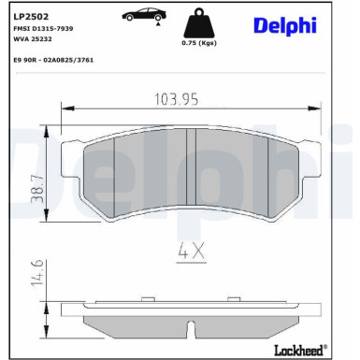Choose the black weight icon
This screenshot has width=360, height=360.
click(x=198, y=24)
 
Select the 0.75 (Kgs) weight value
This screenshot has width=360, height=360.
click(x=198, y=43)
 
